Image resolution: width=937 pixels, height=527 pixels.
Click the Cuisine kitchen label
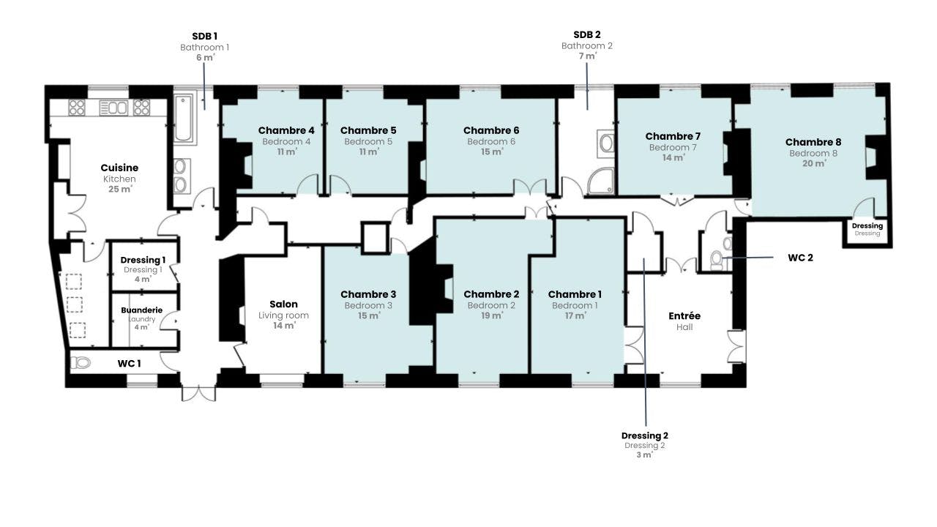pos(119,168)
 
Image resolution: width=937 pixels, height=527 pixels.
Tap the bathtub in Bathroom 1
pos(184,118)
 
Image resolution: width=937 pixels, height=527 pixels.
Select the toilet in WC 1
pos(82,362)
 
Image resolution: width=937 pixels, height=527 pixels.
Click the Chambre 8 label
pos(813,142)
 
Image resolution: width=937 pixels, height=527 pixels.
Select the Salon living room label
pos(283,304)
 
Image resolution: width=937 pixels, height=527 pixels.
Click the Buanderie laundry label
pos(141,310)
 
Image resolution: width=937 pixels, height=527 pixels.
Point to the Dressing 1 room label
pos(143,260)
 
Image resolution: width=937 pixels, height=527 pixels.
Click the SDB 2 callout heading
pos(586,34)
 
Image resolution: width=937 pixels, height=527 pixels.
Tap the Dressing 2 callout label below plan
pos(644,436)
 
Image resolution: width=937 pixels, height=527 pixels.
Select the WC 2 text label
pos(800,258)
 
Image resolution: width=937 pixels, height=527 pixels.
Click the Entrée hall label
pos(684,316)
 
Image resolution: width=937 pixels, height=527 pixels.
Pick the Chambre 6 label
pos(491,130)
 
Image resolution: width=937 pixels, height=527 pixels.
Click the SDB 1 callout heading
pos(204,35)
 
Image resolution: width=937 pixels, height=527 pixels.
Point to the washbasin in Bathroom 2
pos(606,143)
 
